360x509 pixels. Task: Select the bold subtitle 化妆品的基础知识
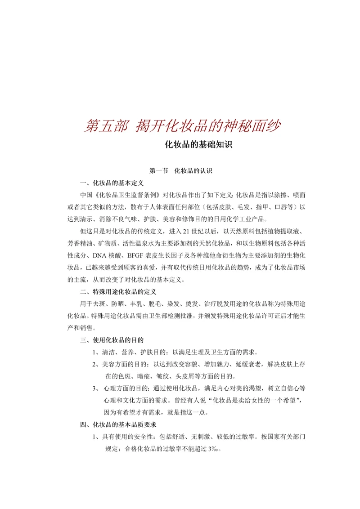pos(198,146)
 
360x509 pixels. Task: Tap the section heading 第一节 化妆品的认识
pos(180,171)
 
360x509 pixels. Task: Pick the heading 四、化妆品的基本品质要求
pos(118,424)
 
